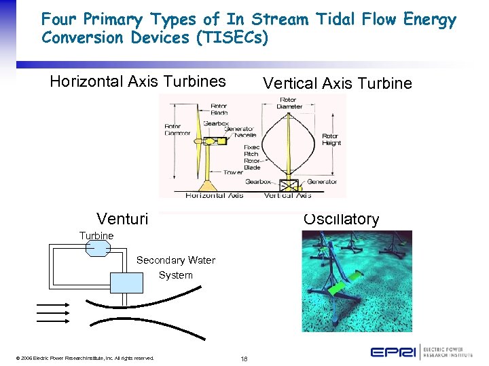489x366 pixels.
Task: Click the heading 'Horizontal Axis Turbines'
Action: (138, 82)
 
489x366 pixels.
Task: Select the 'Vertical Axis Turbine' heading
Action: (338, 83)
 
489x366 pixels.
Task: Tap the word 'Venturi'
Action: (122, 218)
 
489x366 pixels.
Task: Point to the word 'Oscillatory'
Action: (342, 219)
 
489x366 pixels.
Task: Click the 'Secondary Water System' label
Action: (176, 268)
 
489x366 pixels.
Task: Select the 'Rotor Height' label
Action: (331, 140)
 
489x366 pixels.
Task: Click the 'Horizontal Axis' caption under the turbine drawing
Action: (214, 195)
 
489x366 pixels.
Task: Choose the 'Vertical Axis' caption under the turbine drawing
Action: (287, 195)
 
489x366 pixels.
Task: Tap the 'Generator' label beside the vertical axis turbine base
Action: (322, 182)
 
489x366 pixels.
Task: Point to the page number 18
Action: (244, 358)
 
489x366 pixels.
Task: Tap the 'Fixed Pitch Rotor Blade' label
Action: (252, 157)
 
